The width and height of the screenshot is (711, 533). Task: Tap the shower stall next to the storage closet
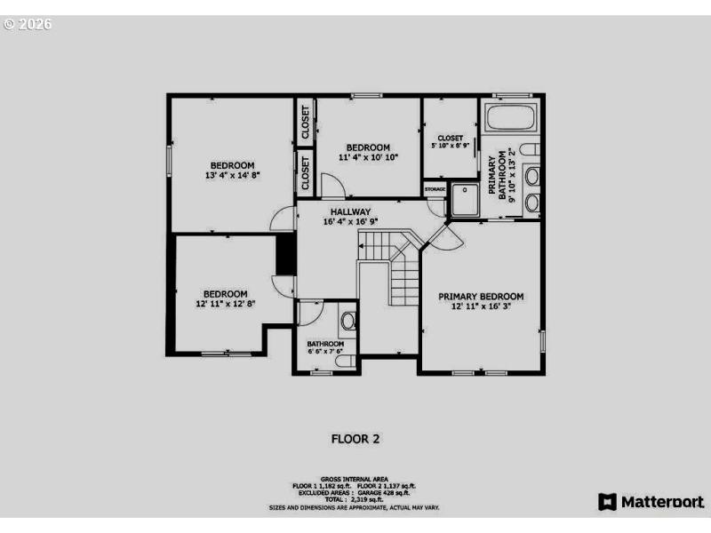[x=464, y=200]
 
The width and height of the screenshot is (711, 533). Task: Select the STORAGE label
[x=435, y=189]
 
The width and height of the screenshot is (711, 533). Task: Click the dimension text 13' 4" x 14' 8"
[x=232, y=176]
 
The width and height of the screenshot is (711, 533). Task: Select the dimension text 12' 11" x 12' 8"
[x=225, y=305]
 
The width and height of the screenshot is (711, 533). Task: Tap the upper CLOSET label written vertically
[x=305, y=123]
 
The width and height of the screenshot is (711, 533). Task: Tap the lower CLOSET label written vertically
[x=305, y=174]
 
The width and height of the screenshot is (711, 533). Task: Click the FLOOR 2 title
[x=355, y=438]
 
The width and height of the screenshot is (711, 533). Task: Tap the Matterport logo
[x=651, y=502]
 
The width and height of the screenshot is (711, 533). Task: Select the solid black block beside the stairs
[x=285, y=255]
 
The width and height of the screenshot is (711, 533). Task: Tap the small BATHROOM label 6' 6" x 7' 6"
[x=325, y=347]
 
